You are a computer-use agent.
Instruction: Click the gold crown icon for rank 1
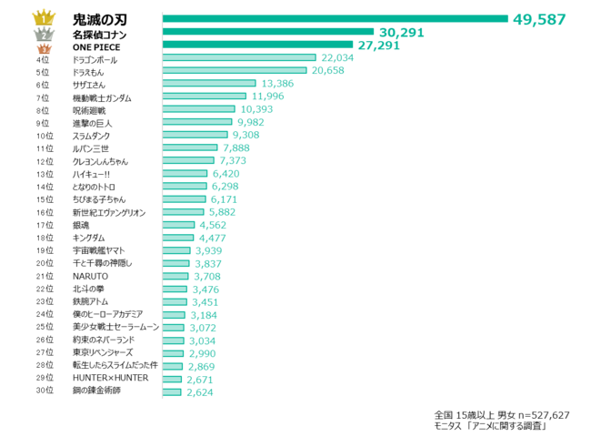coord(43,18)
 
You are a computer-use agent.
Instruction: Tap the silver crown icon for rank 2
coord(43,34)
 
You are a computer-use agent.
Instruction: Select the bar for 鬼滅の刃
coord(335,18)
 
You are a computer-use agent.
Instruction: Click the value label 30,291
coord(402,33)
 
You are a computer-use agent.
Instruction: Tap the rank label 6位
coord(43,84)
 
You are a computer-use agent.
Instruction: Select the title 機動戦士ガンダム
coord(102,97)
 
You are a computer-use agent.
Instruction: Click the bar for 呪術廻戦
coord(197,109)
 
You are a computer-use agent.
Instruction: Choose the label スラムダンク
coord(92,135)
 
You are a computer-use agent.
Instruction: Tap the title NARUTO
coord(90,275)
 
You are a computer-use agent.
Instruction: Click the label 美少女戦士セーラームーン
coord(115,326)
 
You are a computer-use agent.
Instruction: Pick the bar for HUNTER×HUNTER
coord(173,378)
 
